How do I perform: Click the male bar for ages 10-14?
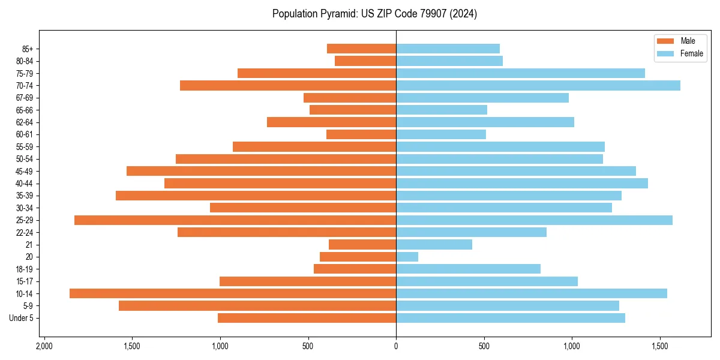click(233, 293)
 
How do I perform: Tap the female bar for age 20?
click(407, 257)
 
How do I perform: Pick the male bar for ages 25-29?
click(235, 220)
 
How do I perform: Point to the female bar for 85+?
click(448, 49)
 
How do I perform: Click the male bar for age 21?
click(362, 245)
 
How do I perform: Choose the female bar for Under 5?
click(511, 318)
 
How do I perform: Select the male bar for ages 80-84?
click(365, 61)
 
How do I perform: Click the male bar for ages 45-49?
click(261, 171)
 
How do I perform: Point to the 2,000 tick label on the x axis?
click(44, 347)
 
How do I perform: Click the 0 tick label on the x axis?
click(396, 347)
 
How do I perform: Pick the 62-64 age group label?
click(25, 122)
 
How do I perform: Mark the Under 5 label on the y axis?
click(21, 318)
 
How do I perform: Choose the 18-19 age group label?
click(25, 269)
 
